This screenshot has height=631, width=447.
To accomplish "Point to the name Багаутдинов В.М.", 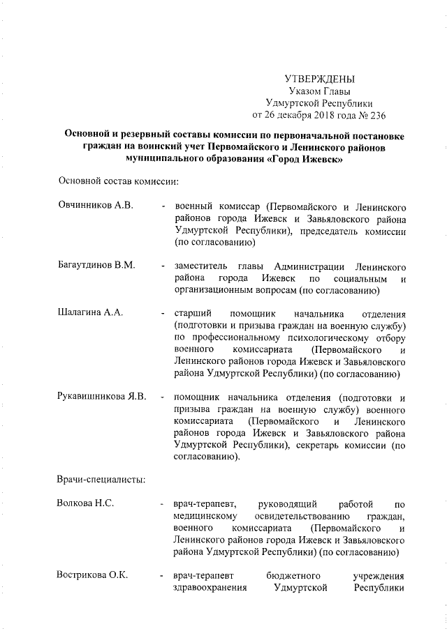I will [x=96, y=266].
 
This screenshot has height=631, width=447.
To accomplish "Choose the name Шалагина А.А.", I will [x=90, y=312].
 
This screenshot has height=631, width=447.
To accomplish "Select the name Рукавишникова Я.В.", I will [x=102, y=397].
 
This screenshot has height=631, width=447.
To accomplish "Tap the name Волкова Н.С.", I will [x=86, y=503].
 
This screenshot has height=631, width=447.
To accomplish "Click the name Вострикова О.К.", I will [x=93, y=575].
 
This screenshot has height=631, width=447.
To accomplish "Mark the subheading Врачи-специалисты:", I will [x=101, y=480].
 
